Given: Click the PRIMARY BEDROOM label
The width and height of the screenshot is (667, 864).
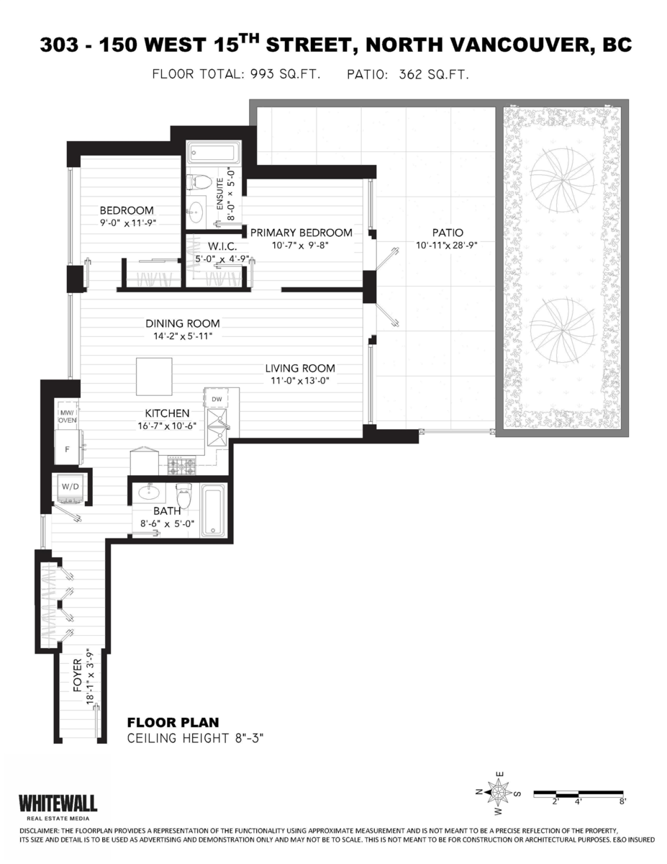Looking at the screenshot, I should [x=301, y=233].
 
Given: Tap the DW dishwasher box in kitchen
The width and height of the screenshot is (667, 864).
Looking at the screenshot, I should [x=217, y=398].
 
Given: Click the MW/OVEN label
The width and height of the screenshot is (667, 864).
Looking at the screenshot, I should [x=68, y=415].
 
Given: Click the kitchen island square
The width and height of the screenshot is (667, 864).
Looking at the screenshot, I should [x=154, y=376].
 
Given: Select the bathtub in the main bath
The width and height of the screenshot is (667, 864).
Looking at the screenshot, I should [x=213, y=509].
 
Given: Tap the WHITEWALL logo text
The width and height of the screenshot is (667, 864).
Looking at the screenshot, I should [x=58, y=803].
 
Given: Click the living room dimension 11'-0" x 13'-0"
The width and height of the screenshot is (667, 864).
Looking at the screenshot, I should [x=300, y=381].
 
